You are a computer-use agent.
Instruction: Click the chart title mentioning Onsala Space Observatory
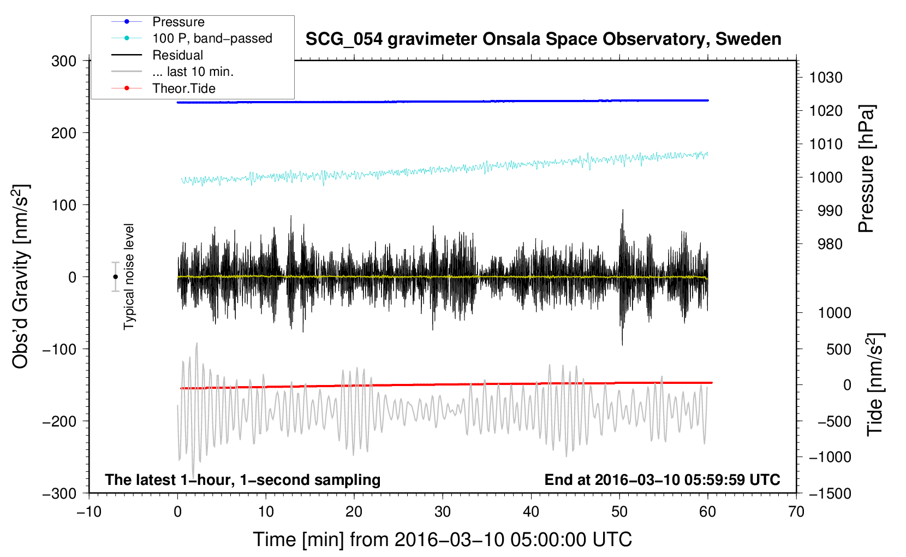543,39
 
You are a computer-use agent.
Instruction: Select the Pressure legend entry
178,22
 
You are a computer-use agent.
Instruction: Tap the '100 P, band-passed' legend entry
212,38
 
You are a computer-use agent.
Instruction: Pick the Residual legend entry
177,55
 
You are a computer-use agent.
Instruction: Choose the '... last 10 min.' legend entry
193,72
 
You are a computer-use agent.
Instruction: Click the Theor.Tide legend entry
183,88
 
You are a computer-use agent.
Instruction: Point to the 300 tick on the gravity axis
64,61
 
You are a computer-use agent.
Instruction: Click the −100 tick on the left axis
60,349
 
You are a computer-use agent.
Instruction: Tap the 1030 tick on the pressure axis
826,78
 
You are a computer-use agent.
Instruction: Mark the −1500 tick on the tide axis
830,493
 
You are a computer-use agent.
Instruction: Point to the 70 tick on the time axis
796,512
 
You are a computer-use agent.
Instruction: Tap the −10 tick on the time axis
89,512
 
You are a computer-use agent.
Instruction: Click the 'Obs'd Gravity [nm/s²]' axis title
21,276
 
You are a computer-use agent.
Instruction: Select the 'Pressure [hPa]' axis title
866,169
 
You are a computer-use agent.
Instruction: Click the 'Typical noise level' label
129,276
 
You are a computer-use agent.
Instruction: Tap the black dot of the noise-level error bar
115,277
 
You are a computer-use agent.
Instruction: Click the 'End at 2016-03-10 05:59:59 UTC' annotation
662,479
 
